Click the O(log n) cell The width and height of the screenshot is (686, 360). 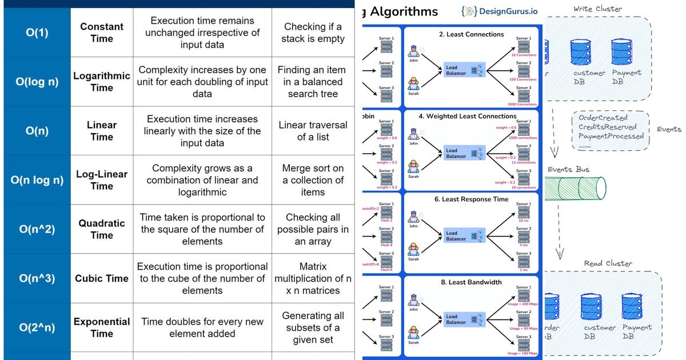[x=37, y=82]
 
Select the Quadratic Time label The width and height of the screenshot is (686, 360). [x=102, y=229]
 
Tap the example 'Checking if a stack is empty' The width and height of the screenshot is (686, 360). [x=313, y=33]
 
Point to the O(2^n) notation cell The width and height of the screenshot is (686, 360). [x=37, y=327]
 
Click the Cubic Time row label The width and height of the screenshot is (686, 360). [x=102, y=278]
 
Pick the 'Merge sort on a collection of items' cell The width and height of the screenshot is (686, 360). [x=313, y=180]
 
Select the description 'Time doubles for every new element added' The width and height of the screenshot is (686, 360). [x=202, y=327]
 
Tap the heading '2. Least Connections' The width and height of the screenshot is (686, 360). [x=471, y=34]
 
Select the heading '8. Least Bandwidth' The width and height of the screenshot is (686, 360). [x=471, y=282]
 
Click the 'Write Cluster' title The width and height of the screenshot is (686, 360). [x=597, y=9]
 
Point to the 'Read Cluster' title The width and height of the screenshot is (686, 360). [x=608, y=263]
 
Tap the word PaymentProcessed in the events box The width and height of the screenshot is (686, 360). [x=611, y=137]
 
